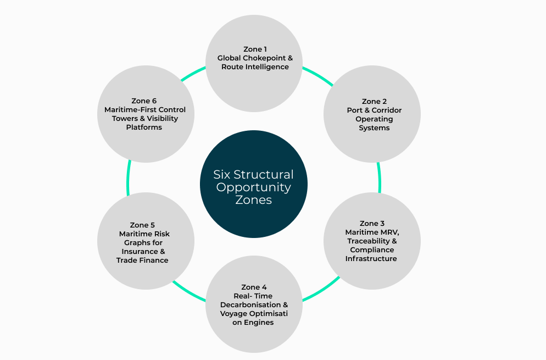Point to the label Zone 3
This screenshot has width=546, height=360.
[372, 224]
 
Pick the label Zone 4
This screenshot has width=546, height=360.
[254, 287]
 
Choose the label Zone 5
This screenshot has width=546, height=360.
[142, 225]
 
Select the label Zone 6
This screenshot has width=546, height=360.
[144, 101]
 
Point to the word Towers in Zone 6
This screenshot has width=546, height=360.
[124, 119]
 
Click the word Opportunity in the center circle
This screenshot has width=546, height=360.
[253, 187]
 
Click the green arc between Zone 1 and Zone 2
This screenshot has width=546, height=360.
[317, 75]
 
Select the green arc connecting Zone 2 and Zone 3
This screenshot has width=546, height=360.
[379, 177]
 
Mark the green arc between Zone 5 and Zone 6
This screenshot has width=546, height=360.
[128, 177]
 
